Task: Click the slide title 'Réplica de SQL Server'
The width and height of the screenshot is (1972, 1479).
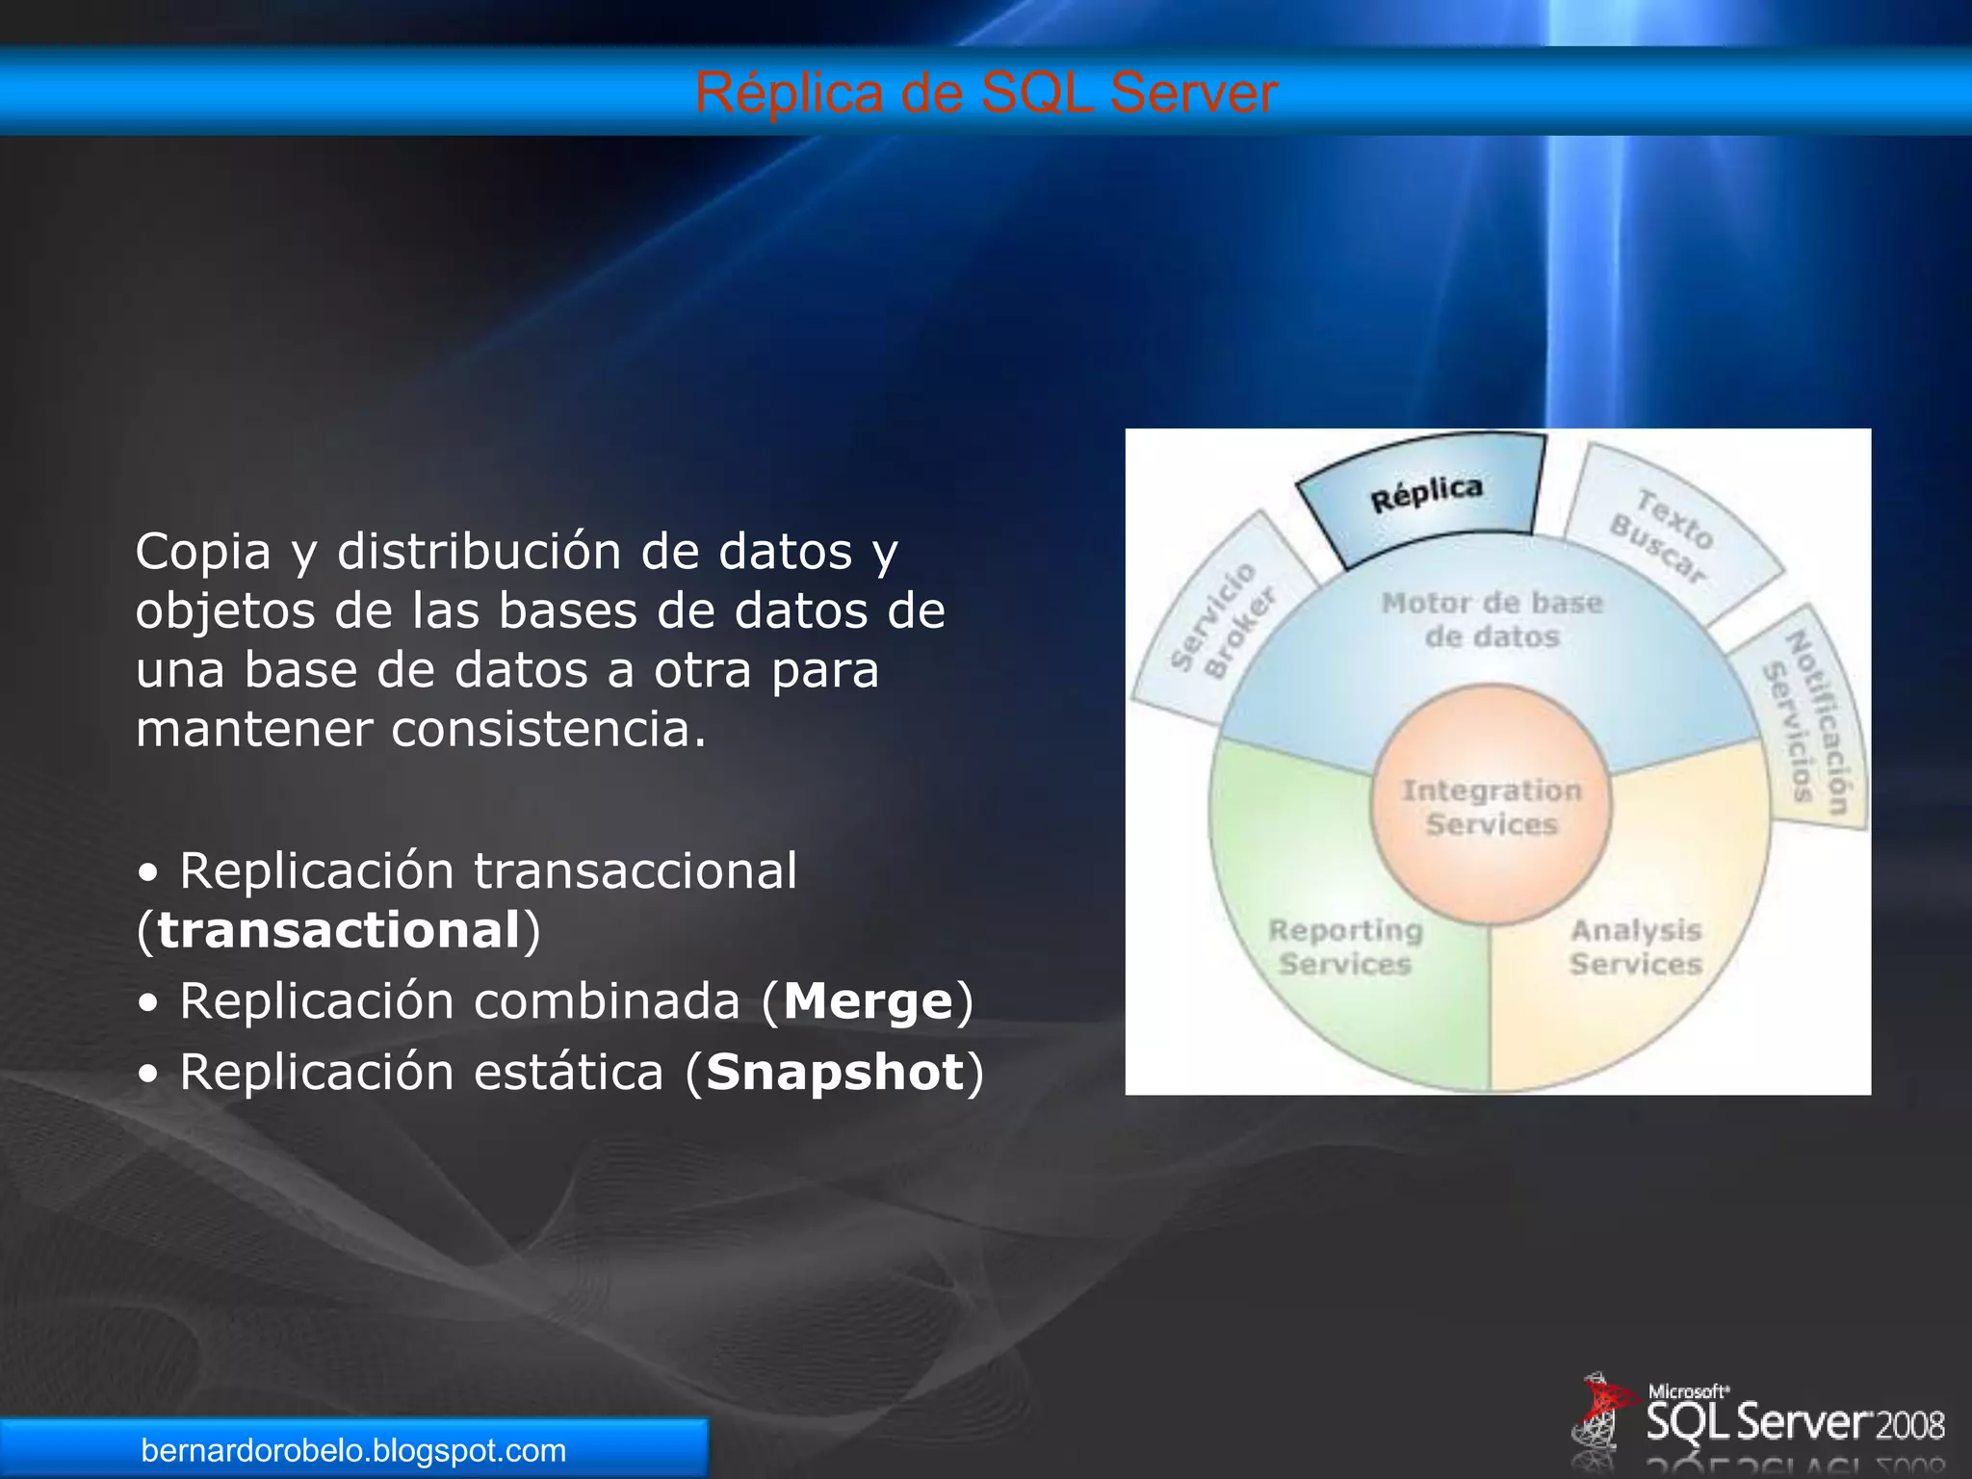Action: [986, 93]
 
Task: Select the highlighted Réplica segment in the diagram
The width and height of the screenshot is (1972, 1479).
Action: [1425, 496]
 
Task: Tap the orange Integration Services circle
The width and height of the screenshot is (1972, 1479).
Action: [1491, 807]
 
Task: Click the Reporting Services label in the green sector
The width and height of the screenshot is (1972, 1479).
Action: [1345, 947]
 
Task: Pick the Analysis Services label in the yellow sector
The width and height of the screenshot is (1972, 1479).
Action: [1636, 947]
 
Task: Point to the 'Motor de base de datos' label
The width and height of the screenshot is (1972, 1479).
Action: [1492, 619]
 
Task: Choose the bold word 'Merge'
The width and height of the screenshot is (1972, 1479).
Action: [868, 1001]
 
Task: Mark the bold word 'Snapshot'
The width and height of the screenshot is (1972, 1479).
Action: [835, 1073]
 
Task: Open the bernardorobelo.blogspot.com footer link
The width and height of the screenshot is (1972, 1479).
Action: [353, 1450]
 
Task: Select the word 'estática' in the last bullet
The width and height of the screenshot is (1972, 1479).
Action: [568, 1073]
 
